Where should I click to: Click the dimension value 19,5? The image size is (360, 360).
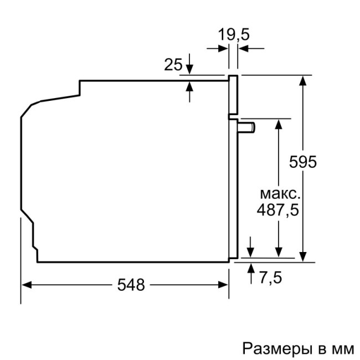coord(233,34)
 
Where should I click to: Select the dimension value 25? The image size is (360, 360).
coord(173,65)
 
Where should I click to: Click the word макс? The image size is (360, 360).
coord(280,194)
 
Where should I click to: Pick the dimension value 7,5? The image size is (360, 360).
coord(270,277)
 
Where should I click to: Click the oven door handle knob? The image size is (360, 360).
coord(248,127)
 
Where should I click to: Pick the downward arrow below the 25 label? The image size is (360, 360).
coord(190,69)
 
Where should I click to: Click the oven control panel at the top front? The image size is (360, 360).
coord(233,94)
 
